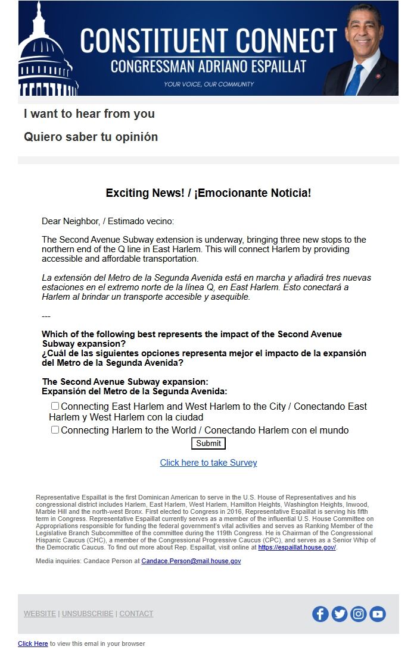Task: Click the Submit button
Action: (x=208, y=443)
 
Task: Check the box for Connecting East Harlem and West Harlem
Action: (x=55, y=406)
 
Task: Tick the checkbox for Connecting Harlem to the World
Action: (x=55, y=430)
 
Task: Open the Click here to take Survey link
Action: (x=208, y=463)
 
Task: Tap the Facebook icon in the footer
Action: (x=320, y=614)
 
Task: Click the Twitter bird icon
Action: (x=340, y=614)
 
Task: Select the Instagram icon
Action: (x=359, y=614)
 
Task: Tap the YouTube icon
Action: (x=378, y=614)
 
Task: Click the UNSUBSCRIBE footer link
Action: (x=88, y=614)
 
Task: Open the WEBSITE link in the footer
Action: (x=40, y=614)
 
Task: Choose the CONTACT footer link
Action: (x=136, y=614)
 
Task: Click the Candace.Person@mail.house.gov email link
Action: (x=191, y=561)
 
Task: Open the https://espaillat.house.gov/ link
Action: (x=297, y=548)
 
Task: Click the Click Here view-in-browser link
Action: (x=33, y=643)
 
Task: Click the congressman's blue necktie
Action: (x=356, y=80)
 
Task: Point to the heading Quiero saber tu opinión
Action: (x=91, y=137)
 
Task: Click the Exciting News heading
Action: (x=208, y=193)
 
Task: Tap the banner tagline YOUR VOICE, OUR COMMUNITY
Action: (x=209, y=84)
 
